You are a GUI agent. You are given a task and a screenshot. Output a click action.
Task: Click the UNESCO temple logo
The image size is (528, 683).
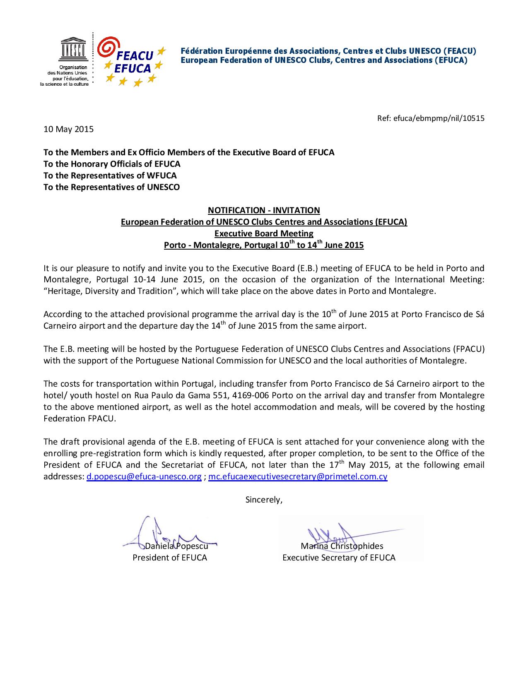click(x=73, y=49)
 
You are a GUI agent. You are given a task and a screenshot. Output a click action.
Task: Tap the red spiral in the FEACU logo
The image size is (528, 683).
click(x=108, y=47)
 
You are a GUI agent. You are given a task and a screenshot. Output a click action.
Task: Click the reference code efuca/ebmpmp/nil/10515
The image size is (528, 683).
click(x=431, y=118)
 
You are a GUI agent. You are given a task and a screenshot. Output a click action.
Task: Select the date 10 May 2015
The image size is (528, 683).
click(x=69, y=129)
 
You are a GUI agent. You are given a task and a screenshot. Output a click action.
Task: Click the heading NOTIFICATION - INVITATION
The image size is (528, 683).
click(x=264, y=210)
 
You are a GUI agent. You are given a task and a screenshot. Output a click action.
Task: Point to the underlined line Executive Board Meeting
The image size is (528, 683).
click(x=264, y=233)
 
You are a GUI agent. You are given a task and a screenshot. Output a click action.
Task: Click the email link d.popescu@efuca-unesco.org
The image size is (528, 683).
click(x=144, y=476)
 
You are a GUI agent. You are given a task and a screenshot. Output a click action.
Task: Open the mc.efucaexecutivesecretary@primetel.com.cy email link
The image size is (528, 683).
click(x=298, y=476)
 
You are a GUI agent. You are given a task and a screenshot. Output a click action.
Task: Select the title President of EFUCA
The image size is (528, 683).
click(x=170, y=558)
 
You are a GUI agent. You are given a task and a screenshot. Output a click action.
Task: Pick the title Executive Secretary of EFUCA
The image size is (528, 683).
click(x=339, y=558)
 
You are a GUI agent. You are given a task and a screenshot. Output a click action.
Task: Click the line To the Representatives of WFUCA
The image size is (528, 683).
click(x=110, y=176)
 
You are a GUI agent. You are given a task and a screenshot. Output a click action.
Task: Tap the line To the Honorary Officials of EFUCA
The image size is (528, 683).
click(x=112, y=164)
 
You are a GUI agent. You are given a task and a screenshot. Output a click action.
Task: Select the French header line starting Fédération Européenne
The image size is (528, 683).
click(x=328, y=51)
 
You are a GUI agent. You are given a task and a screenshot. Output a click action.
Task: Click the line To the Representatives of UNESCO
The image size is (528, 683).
click(x=112, y=187)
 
